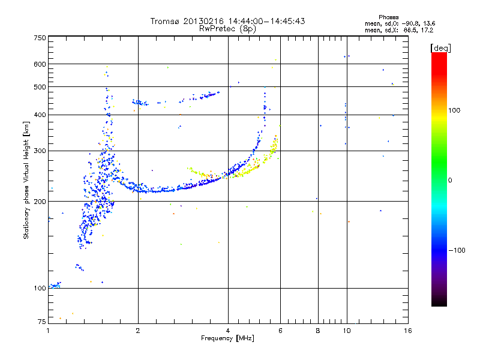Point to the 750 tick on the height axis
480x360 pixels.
click(x=40, y=37)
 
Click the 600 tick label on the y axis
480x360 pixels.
click(x=40, y=64)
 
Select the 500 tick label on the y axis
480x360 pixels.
click(x=40, y=87)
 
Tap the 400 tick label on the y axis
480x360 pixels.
click(x=40, y=115)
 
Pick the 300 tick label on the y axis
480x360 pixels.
click(x=40, y=151)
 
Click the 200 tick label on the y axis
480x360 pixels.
click(x=40, y=202)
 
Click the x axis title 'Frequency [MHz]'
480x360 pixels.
click(x=227, y=339)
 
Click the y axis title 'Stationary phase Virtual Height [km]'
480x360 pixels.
click(x=26, y=180)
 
